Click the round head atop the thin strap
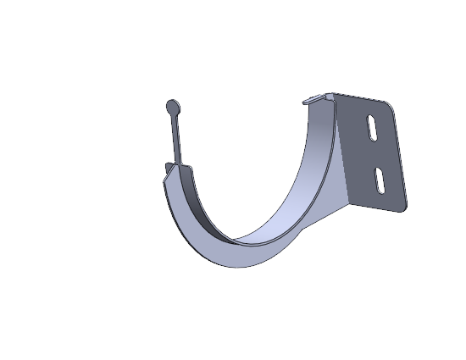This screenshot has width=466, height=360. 173,107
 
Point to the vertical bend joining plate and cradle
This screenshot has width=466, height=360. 339,144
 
